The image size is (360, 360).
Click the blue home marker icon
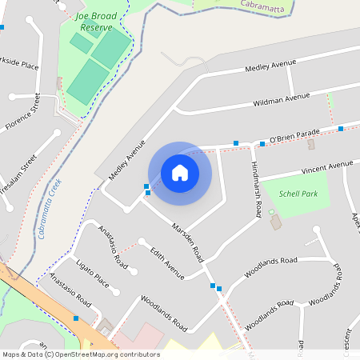tap(180, 173)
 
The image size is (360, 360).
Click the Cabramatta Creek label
tap(55, 208)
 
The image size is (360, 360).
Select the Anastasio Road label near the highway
tap(70, 294)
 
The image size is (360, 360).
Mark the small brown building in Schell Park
tap(277, 222)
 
